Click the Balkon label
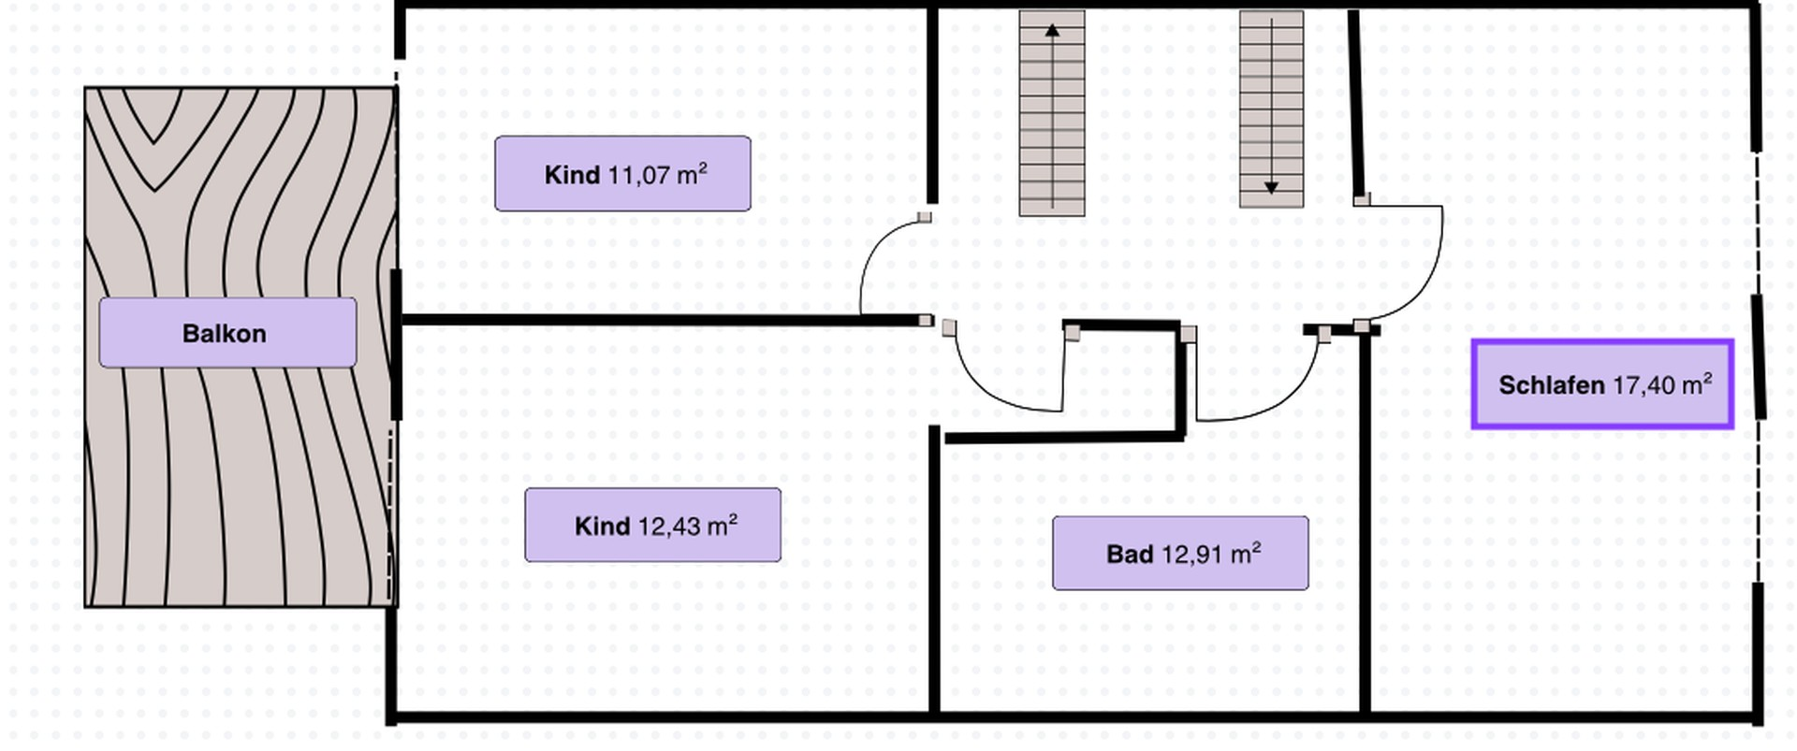tap(227, 333)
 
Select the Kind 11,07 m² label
tap(622, 174)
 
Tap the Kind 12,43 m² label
tap(652, 526)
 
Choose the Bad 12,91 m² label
tap(1180, 554)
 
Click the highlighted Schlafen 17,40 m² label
tap(1602, 384)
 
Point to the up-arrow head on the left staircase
tap(1052, 31)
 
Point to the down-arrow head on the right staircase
tap(1271, 188)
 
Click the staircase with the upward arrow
tap(1052, 113)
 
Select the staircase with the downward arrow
tap(1271, 108)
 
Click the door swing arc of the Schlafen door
tap(1422, 281)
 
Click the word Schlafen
tap(1551, 384)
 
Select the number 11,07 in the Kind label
tap(638, 175)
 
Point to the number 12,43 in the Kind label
tap(669, 527)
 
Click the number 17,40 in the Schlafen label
tap(1644, 384)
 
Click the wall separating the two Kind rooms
tap(661, 320)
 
